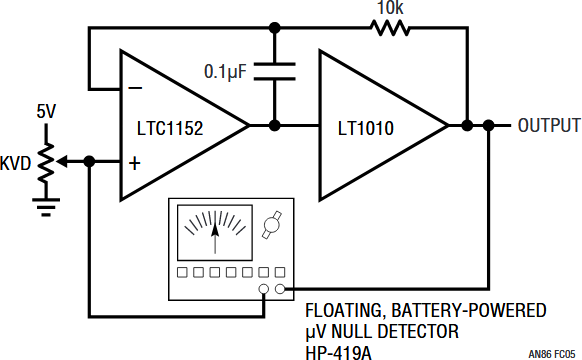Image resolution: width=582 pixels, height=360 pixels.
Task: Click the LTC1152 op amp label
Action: click(x=170, y=128)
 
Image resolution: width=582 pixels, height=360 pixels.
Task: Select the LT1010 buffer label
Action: click(x=366, y=128)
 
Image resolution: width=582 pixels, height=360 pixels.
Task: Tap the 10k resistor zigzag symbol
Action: click(x=390, y=28)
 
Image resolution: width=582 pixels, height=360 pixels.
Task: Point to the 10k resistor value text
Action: click(x=390, y=7)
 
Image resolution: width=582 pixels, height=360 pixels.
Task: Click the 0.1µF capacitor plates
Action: click(x=275, y=71)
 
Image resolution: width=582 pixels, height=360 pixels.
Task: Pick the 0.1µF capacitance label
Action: click(x=225, y=71)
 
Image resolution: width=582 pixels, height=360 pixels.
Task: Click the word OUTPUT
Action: click(x=549, y=125)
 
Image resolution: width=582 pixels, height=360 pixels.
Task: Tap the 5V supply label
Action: click(x=46, y=111)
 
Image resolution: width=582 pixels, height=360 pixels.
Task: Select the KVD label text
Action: click(x=15, y=163)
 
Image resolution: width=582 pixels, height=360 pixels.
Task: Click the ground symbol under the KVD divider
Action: click(x=46, y=207)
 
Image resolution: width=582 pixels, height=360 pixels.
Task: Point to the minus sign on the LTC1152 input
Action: click(x=135, y=88)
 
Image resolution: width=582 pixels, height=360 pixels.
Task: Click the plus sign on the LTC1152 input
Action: click(x=135, y=163)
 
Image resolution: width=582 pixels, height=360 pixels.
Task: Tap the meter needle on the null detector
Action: click(x=215, y=238)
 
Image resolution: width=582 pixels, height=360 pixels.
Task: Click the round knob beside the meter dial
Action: click(x=272, y=225)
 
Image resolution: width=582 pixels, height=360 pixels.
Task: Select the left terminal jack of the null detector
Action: click(x=264, y=289)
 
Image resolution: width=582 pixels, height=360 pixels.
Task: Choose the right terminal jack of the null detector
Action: click(x=280, y=289)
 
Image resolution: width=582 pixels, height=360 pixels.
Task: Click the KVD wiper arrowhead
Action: click(x=61, y=162)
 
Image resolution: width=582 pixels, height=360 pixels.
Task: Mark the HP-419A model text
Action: click(x=338, y=353)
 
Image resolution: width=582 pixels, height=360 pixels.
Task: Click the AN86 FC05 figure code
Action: click(x=552, y=354)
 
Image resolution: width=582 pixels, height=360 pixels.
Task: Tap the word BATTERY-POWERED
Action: click(x=469, y=310)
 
